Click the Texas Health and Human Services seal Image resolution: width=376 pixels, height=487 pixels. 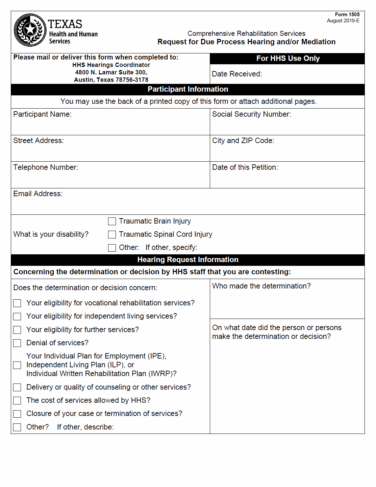(x=30, y=30)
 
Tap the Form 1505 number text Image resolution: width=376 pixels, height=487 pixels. (x=347, y=15)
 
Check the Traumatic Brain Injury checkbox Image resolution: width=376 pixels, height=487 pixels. (x=112, y=221)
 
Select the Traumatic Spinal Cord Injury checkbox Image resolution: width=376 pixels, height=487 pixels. (x=112, y=234)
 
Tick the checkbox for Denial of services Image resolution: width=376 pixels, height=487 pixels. (x=17, y=343)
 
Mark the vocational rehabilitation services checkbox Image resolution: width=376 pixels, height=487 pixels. (x=17, y=303)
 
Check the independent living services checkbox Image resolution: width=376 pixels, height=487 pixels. (x=17, y=316)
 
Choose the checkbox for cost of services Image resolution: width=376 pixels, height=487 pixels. (x=17, y=400)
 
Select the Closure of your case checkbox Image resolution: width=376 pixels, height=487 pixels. (x=17, y=414)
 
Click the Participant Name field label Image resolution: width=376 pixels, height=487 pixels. (x=42, y=114)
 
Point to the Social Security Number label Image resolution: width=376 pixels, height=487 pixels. (x=251, y=114)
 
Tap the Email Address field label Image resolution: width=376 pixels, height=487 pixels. (x=38, y=194)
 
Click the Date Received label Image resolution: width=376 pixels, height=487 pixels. (x=237, y=74)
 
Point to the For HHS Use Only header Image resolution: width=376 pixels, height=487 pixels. (x=288, y=59)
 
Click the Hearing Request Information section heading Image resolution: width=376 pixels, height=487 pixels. (x=188, y=260)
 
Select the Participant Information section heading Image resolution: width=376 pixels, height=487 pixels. (x=188, y=89)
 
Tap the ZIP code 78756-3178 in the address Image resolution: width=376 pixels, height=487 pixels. (x=132, y=80)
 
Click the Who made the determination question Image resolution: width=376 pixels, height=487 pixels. (x=261, y=286)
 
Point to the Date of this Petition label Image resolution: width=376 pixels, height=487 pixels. (x=245, y=167)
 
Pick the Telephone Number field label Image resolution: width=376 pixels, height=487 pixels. (x=46, y=167)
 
